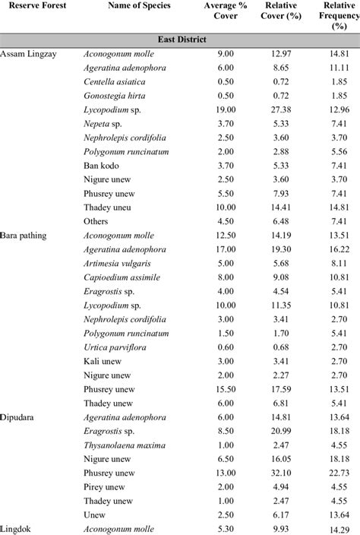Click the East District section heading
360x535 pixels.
tap(179, 39)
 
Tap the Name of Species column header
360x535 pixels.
tap(139, 6)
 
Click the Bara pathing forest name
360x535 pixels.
tap(24, 236)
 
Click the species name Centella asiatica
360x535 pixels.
tap(114, 81)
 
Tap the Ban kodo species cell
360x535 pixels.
tap(101, 164)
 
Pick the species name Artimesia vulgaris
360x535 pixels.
tap(117, 263)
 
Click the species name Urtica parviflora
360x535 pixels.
tap(116, 347)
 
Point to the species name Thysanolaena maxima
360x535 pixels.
tap(123, 445)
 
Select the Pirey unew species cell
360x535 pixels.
tap(106, 486)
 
